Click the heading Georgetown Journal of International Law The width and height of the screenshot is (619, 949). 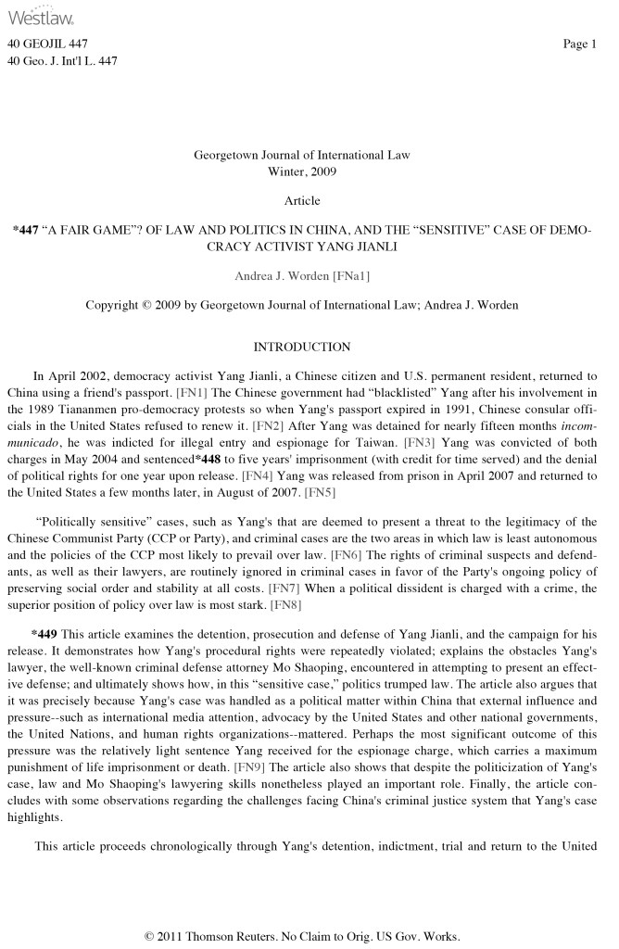point(302,155)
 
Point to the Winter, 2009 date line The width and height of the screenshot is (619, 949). point(302,171)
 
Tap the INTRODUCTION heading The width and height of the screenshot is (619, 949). point(302,347)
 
